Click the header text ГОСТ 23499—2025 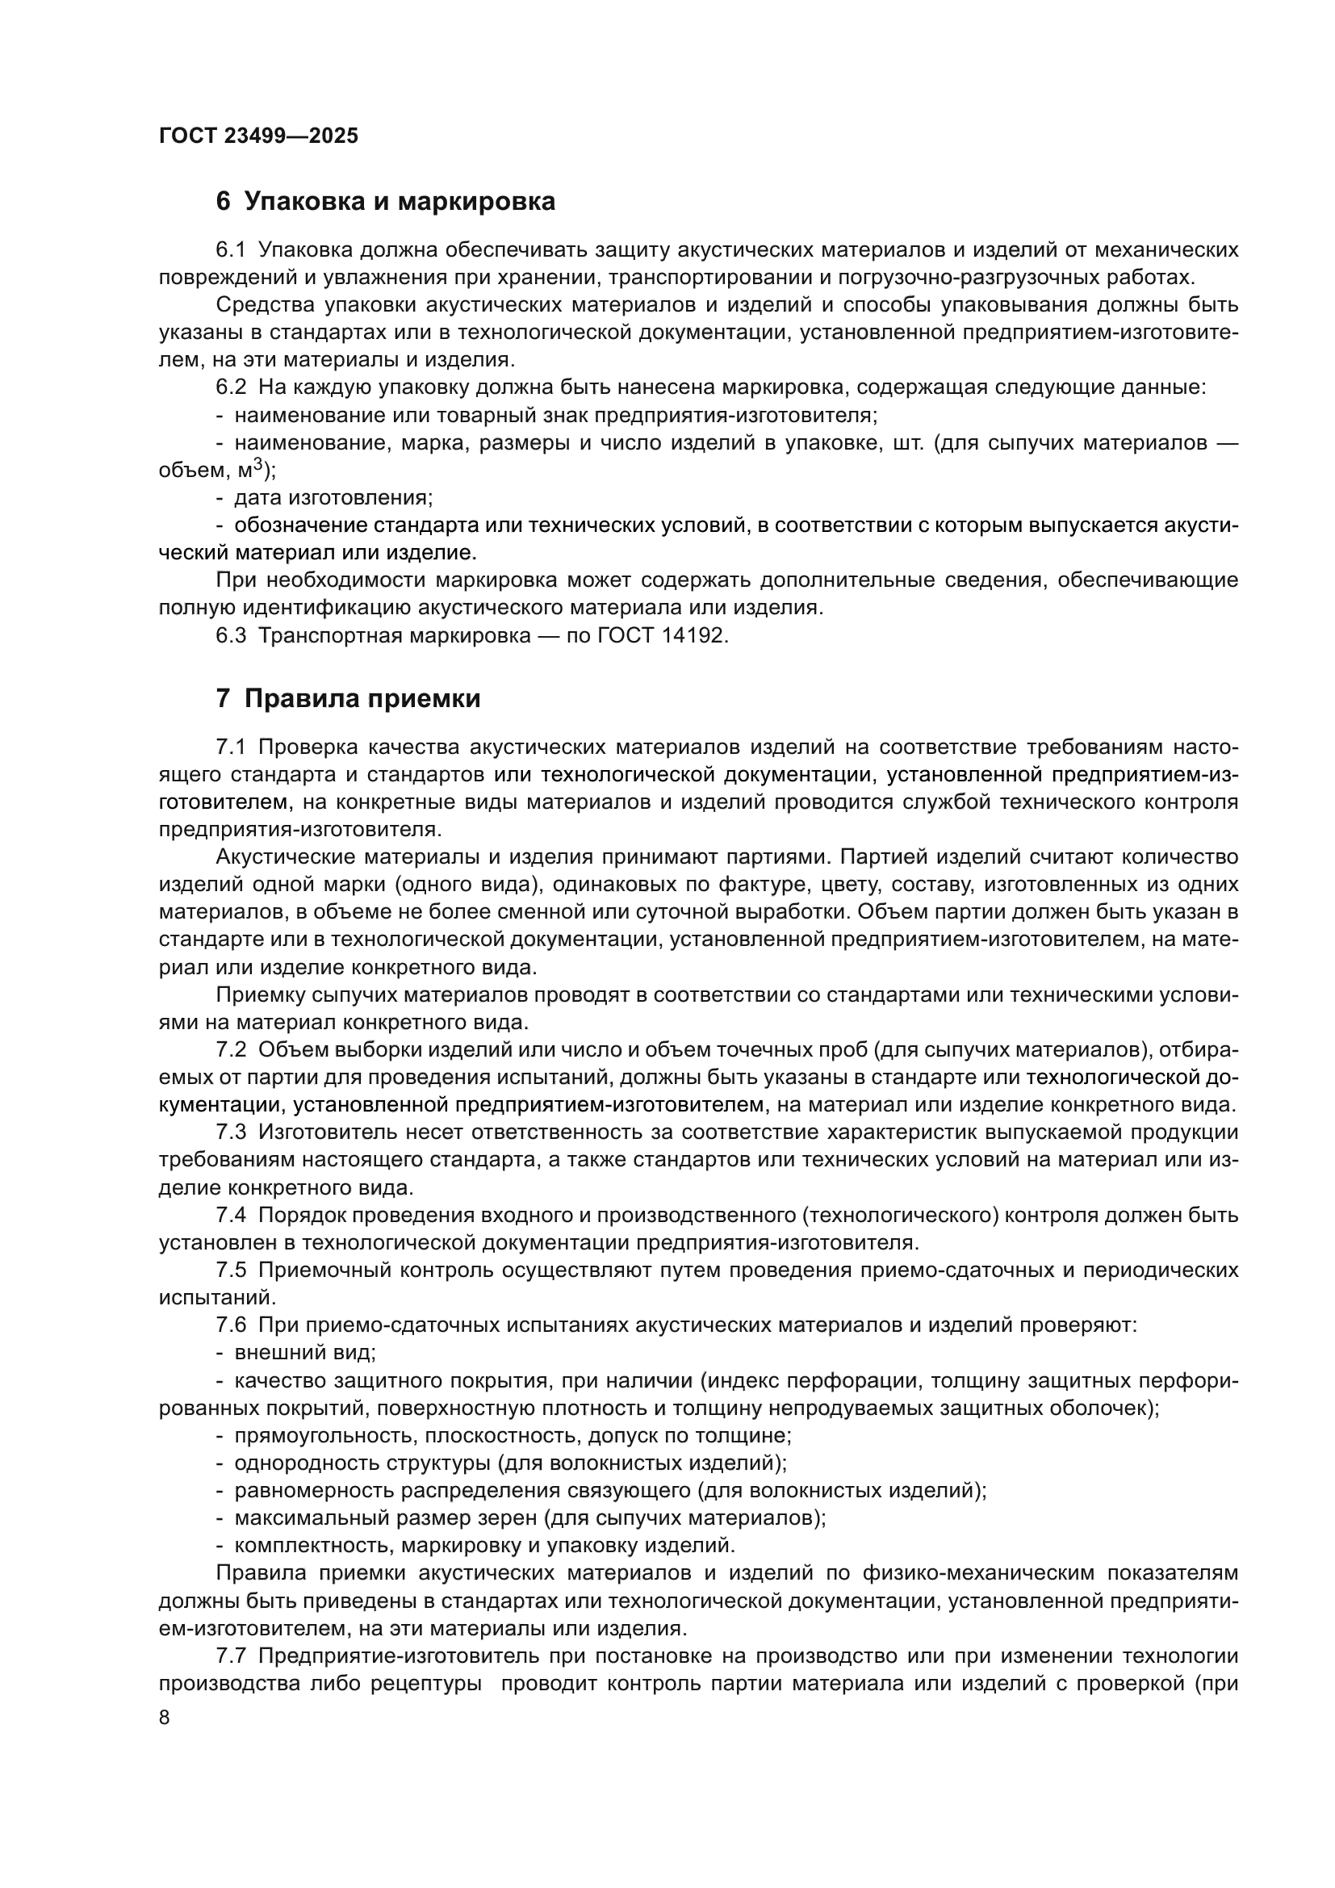pos(258,136)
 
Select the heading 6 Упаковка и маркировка pos(385,202)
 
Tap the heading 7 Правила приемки pos(348,699)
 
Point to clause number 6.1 pos(231,249)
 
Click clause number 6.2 pos(231,387)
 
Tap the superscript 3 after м pos(257,464)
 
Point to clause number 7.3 pos(231,1132)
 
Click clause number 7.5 pos(231,1271)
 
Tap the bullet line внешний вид pos(305,1353)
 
